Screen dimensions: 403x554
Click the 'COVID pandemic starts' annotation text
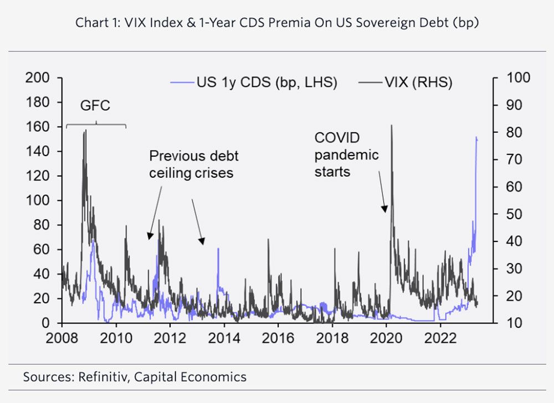click(x=346, y=154)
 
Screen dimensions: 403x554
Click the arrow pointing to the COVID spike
click(x=382, y=192)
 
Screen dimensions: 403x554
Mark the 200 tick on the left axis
click(x=39, y=78)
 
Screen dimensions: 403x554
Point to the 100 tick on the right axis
click(x=519, y=78)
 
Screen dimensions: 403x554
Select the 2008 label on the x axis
click(x=62, y=337)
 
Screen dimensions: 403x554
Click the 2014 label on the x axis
click(x=224, y=337)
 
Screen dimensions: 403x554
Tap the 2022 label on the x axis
click(x=440, y=337)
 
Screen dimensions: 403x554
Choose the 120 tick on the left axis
click(x=39, y=176)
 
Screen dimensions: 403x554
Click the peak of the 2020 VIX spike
click(x=392, y=126)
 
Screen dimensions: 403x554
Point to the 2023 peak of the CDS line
click(x=476, y=137)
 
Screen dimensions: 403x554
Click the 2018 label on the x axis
click(x=332, y=337)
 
